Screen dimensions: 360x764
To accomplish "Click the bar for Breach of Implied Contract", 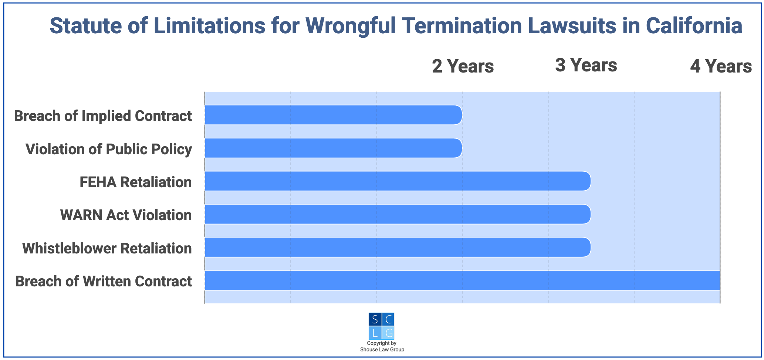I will pyautogui.click(x=333, y=115).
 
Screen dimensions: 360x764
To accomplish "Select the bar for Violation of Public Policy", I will pyautogui.click(x=333, y=148).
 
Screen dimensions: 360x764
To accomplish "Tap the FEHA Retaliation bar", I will pyautogui.click(x=398, y=181).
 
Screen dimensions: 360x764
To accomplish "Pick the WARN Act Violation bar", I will pyautogui.click(x=398, y=214).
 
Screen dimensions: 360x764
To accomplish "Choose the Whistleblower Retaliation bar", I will pyautogui.click(x=398, y=247).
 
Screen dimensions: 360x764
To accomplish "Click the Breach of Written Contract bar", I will pyautogui.click(x=462, y=280).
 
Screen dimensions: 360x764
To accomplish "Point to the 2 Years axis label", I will pyautogui.click(x=463, y=67).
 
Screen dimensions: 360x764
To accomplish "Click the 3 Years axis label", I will pyautogui.click(x=586, y=65).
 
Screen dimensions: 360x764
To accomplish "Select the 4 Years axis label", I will pyautogui.click(x=721, y=67).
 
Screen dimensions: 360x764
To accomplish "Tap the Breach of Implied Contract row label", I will pyautogui.click(x=103, y=116).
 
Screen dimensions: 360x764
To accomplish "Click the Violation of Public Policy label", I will pyautogui.click(x=109, y=149).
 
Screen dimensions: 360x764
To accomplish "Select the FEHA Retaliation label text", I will pyautogui.click(x=136, y=182).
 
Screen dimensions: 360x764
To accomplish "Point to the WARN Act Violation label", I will pyautogui.click(x=126, y=215).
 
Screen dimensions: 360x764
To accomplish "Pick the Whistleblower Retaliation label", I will pyautogui.click(x=107, y=248).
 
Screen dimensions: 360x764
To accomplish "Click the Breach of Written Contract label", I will pyautogui.click(x=104, y=281).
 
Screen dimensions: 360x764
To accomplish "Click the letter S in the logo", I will pyautogui.click(x=375, y=319).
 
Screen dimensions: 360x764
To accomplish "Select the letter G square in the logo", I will pyautogui.click(x=388, y=333).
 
